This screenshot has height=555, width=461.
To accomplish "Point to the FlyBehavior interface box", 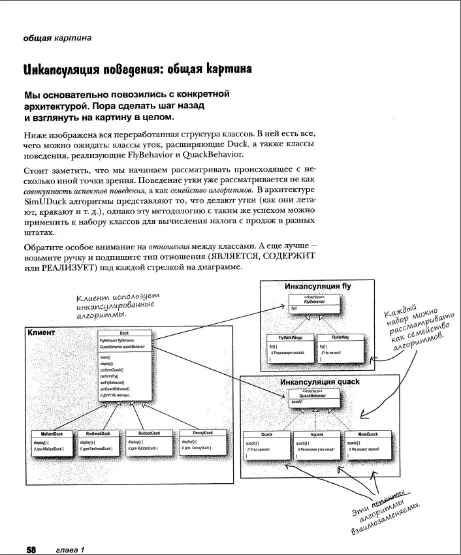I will (x=315, y=302).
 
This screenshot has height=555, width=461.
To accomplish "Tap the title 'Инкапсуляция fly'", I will (x=318, y=286).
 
